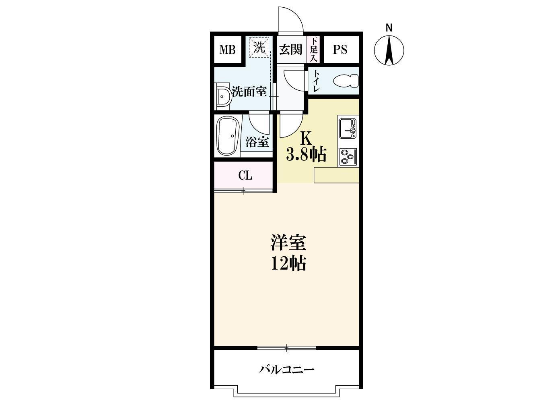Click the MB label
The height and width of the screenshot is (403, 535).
[227, 50]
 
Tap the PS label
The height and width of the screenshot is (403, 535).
[340, 50]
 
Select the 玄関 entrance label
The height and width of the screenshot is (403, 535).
[290, 50]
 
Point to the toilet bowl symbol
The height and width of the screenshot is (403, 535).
[346, 81]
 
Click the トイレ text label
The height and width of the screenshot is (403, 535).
[317, 81]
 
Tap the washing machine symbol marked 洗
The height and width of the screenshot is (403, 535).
[259, 48]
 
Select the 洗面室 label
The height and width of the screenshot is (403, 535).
[249, 92]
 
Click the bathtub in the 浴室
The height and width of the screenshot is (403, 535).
[227, 136]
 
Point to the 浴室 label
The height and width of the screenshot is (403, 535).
[257, 142]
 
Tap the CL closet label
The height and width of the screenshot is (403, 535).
[245, 176]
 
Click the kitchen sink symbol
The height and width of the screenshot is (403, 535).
[348, 128]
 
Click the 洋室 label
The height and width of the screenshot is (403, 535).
[288, 244]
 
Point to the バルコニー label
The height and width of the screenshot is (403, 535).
[286, 369]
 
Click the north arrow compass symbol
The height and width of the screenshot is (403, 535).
[389, 51]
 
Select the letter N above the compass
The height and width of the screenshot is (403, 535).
[389, 28]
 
